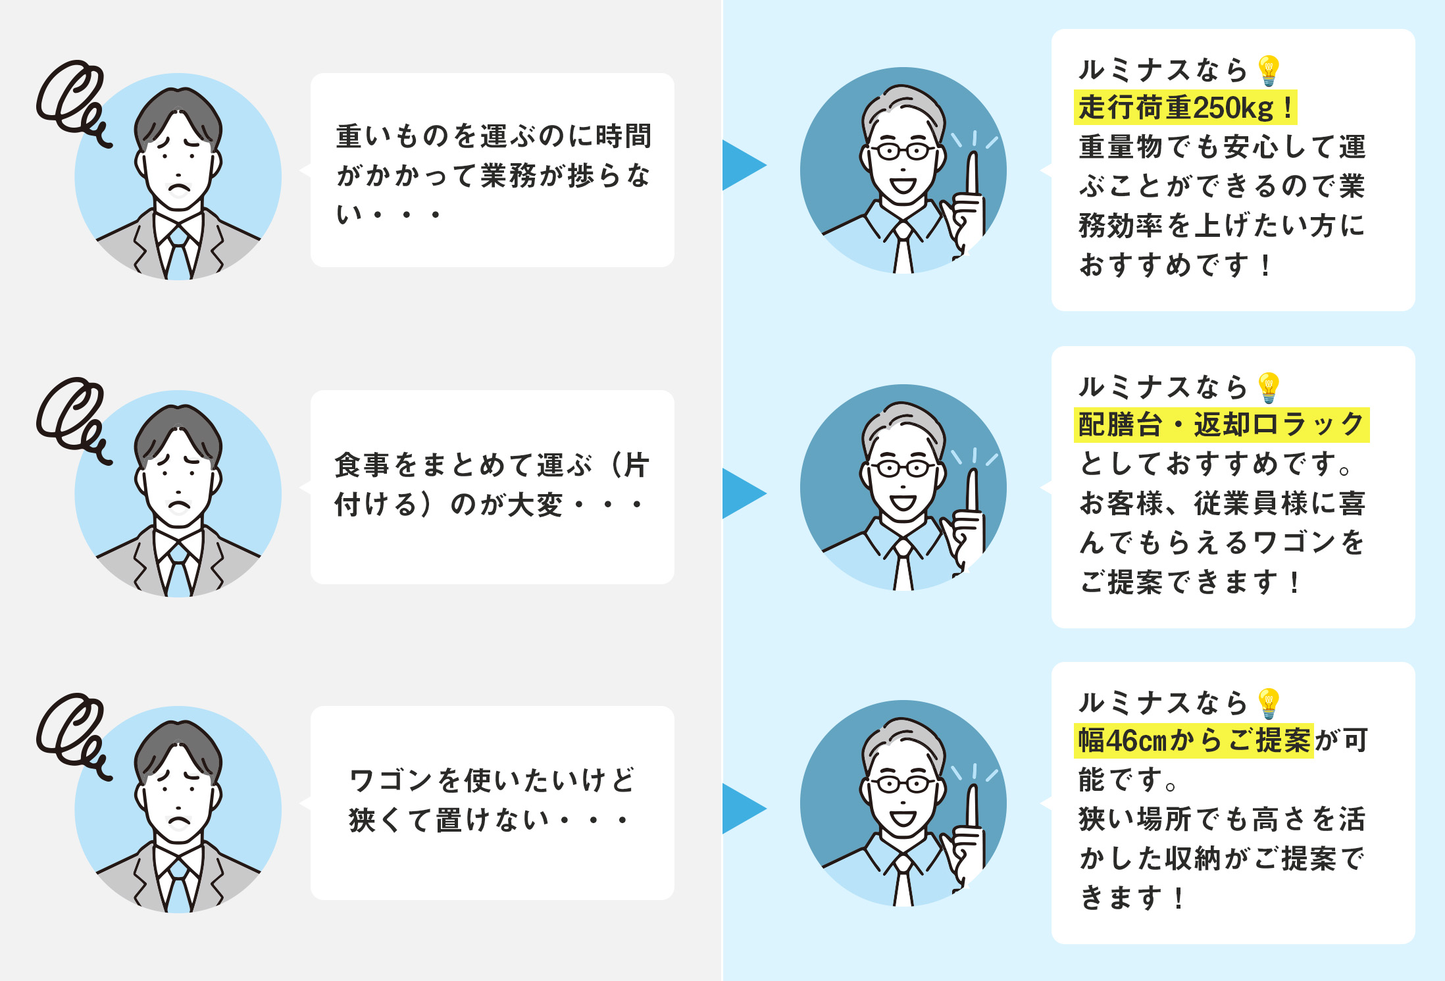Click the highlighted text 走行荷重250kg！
pyautogui.click(x=1185, y=108)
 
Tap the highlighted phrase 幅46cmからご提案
pyautogui.click(x=1194, y=741)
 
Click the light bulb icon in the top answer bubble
pyautogui.click(x=1268, y=70)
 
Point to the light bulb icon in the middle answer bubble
pyautogui.click(x=1268, y=388)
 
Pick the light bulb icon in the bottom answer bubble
pyautogui.click(x=1268, y=703)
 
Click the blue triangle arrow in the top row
pyautogui.click(x=742, y=165)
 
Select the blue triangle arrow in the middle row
pyautogui.click(x=742, y=493)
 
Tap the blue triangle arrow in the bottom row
pyautogui.click(x=742, y=809)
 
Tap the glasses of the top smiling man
pyautogui.click(x=903, y=151)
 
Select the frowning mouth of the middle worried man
pyautogui.click(x=178, y=507)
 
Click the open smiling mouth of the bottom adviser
pyautogui.click(x=903, y=818)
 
